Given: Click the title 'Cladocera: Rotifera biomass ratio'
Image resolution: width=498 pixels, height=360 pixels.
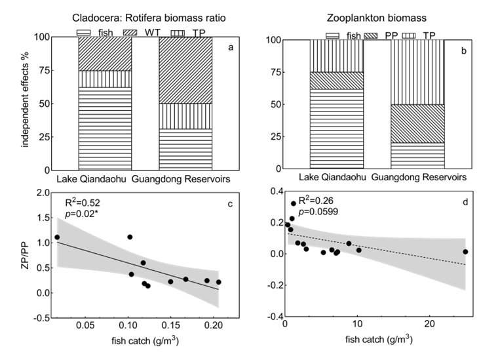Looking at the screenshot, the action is point(149,18).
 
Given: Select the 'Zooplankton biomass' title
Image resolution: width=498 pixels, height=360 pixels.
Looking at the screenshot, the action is point(376,18).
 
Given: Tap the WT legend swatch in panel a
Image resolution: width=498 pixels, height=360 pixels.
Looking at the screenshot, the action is point(130,32).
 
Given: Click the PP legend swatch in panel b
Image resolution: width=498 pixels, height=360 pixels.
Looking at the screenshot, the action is point(371,35).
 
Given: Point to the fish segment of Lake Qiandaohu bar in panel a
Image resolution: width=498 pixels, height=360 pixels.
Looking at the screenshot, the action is point(105,129).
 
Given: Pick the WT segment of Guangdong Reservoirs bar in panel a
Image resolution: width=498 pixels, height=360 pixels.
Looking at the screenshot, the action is point(185,70).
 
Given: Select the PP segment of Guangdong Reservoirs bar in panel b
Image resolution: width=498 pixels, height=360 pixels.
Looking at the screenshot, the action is point(417,123).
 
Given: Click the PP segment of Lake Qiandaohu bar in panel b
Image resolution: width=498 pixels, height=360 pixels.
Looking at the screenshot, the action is point(337,81).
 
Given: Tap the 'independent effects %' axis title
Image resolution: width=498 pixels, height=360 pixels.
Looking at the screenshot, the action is point(25,100).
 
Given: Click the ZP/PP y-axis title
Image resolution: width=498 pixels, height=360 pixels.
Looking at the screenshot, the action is point(25,255).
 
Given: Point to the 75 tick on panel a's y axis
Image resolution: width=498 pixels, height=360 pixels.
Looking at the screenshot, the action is point(44,70).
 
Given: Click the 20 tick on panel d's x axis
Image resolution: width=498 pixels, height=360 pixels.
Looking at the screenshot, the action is point(429,324).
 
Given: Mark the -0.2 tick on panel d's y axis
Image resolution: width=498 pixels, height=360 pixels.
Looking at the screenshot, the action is point(274,285).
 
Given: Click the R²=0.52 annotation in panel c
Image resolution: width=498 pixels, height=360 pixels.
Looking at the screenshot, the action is point(83,203).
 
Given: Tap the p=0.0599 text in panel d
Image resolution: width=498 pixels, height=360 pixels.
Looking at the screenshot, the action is point(318,212).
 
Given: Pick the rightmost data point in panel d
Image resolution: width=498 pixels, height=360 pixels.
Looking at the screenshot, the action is point(465,252).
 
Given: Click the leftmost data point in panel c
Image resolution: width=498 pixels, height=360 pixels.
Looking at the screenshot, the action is point(57,237).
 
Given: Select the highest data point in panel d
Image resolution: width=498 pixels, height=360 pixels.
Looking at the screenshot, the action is point(294,203).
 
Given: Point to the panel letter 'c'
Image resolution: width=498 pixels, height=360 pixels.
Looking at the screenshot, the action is point(230,205).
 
